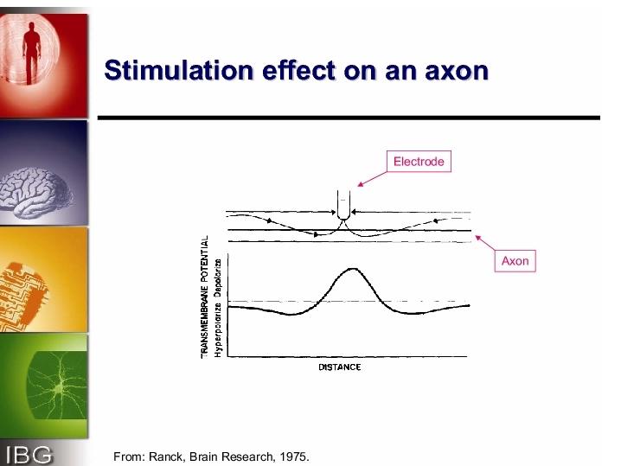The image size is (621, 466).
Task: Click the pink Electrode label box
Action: (419, 161)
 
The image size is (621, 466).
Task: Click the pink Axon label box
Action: (515, 261)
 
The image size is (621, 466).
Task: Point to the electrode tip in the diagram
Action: (343, 217)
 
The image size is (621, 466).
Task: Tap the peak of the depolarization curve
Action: (353, 269)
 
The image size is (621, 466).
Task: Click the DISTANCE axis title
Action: (340, 367)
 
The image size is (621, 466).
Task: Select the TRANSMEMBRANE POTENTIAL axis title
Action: (205, 297)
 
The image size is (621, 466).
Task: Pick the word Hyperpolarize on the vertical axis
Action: (218, 330)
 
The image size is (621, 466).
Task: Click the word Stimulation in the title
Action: (179, 70)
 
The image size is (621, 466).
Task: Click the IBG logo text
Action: (29, 455)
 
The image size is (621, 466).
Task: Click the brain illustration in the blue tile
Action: (36, 193)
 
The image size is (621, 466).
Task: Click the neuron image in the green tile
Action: (57, 386)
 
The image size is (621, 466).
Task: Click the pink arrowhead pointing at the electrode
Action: (360, 183)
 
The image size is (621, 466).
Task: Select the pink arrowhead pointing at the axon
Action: (478, 238)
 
